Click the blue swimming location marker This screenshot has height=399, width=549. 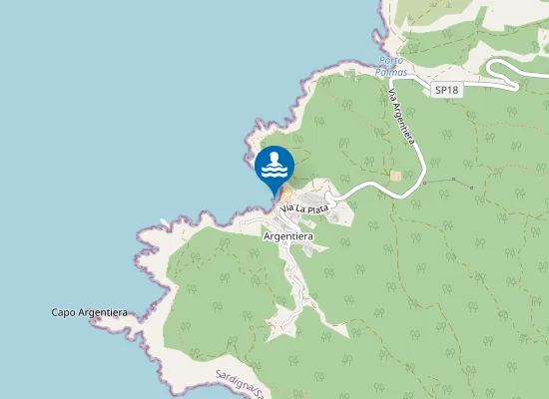[274, 167]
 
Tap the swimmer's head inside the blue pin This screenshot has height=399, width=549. [274, 158]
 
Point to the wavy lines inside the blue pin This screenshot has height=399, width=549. [274, 172]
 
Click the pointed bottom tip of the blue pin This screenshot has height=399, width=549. [274, 195]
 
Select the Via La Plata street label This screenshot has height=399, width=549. [304, 206]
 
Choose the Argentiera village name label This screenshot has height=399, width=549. [287, 236]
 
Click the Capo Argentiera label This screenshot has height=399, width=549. [89, 312]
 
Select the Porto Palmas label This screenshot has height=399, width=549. [392, 66]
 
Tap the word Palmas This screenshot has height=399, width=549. [392, 72]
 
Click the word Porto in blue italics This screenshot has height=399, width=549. [392, 60]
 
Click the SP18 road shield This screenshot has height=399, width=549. [446, 90]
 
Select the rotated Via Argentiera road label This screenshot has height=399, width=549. [401, 117]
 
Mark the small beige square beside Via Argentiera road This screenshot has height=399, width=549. [395, 176]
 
